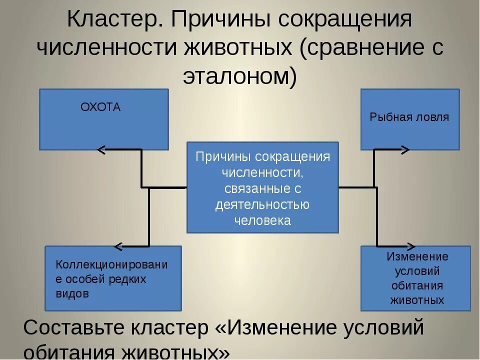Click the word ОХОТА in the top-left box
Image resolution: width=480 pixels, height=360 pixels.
click(100, 107)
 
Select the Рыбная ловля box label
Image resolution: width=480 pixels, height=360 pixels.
click(409, 117)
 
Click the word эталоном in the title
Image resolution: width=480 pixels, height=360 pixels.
click(234, 75)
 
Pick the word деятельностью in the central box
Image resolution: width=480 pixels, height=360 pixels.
click(262, 205)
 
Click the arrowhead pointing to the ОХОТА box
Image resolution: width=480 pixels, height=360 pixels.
click(101, 149)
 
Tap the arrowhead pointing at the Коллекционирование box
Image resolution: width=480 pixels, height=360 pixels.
click(118, 246)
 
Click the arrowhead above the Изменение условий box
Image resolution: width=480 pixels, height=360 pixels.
click(411, 246)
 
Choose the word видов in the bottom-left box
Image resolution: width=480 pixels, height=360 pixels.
click(72, 294)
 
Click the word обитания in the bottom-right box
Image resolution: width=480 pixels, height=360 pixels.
click(417, 286)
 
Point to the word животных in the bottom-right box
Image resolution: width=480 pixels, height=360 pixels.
click(417, 300)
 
